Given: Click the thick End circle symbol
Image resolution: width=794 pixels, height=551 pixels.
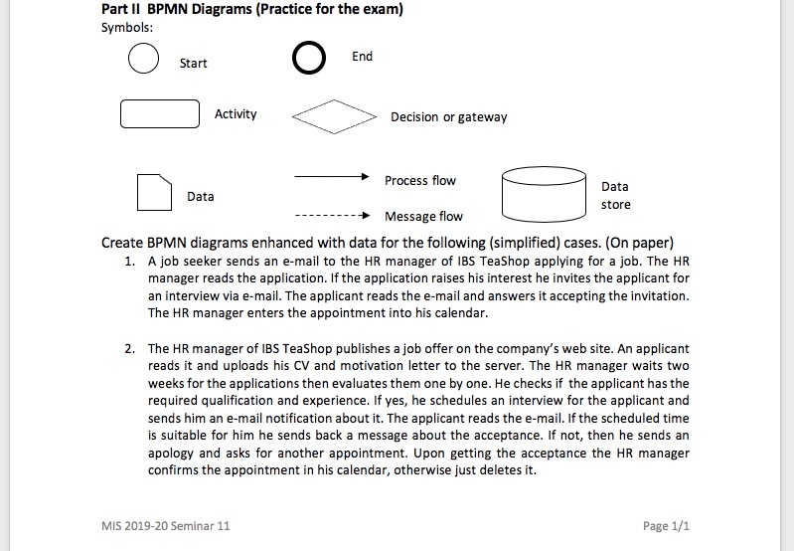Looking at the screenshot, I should tap(309, 60).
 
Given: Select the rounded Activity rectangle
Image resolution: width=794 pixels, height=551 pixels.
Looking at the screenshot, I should tap(160, 114).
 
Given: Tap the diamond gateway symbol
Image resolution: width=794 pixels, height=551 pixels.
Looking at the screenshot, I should tap(334, 117).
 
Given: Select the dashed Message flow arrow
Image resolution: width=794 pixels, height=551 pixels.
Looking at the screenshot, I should tap(333, 216).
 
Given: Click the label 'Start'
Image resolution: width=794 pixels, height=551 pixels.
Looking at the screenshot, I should tap(193, 64).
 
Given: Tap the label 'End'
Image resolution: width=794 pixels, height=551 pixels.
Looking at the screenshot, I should tap(362, 57).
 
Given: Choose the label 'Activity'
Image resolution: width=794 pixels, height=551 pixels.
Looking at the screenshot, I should tap(236, 114).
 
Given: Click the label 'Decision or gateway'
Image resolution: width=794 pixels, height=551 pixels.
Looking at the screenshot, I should tap(448, 117).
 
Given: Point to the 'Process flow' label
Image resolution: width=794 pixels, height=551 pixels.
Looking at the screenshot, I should tap(420, 180).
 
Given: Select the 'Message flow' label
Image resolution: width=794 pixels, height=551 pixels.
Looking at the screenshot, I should tap(423, 216).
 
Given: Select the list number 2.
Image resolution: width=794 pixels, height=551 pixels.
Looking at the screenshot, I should tap(129, 349).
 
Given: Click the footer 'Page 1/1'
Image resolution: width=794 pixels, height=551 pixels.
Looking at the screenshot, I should tap(666, 525).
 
